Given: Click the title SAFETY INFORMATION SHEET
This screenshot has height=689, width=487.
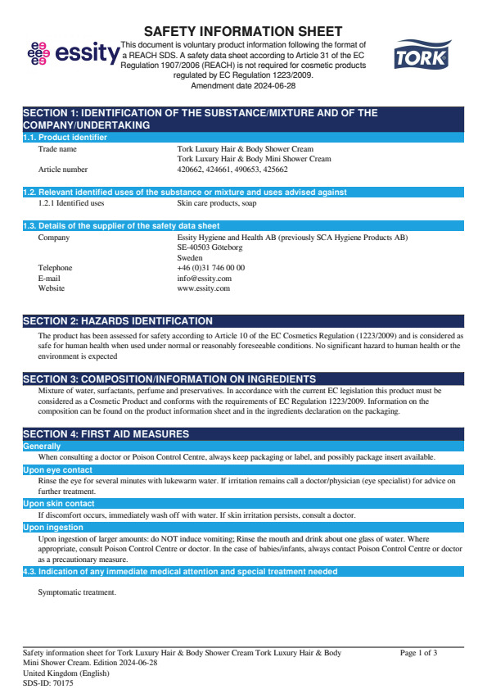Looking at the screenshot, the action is (x=243, y=31).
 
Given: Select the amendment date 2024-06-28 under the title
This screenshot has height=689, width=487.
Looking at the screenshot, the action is (x=242, y=85).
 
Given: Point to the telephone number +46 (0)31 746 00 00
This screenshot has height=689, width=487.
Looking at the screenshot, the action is (x=210, y=268).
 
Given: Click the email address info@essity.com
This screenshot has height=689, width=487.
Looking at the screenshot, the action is (x=204, y=278).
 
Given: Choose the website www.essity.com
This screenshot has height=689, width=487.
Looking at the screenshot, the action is (x=203, y=288).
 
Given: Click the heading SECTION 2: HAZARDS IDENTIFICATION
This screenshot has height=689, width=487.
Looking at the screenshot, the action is (x=117, y=321).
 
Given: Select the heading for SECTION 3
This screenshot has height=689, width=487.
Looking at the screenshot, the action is (x=169, y=378).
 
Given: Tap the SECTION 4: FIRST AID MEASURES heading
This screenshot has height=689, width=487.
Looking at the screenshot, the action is (x=106, y=433).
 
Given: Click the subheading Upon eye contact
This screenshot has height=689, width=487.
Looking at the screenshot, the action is (x=58, y=469).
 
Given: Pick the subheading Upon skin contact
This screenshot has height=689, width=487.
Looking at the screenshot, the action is (x=58, y=503).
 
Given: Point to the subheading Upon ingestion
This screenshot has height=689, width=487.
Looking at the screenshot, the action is (x=53, y=527).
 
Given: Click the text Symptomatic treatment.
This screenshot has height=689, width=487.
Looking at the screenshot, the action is (x=77, y=592).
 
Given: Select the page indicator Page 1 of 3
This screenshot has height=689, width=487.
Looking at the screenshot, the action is (x=418, y=653).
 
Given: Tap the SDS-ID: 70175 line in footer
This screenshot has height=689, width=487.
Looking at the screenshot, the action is (x=47, y=682).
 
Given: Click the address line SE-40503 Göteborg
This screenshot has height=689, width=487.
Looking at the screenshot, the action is (x=210, y=247).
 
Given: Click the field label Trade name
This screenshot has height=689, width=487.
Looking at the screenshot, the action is (x=57, y=149).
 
